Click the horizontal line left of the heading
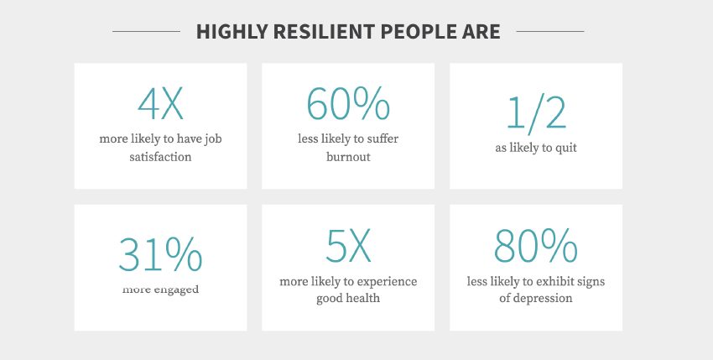147,31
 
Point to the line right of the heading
550,31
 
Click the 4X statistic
160,103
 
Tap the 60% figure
348,103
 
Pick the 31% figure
160,254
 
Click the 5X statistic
348,246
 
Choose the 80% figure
536,246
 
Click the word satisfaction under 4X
160,157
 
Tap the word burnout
348,157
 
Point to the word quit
566,149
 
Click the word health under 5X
363,299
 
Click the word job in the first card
213,139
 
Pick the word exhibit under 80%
555,282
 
